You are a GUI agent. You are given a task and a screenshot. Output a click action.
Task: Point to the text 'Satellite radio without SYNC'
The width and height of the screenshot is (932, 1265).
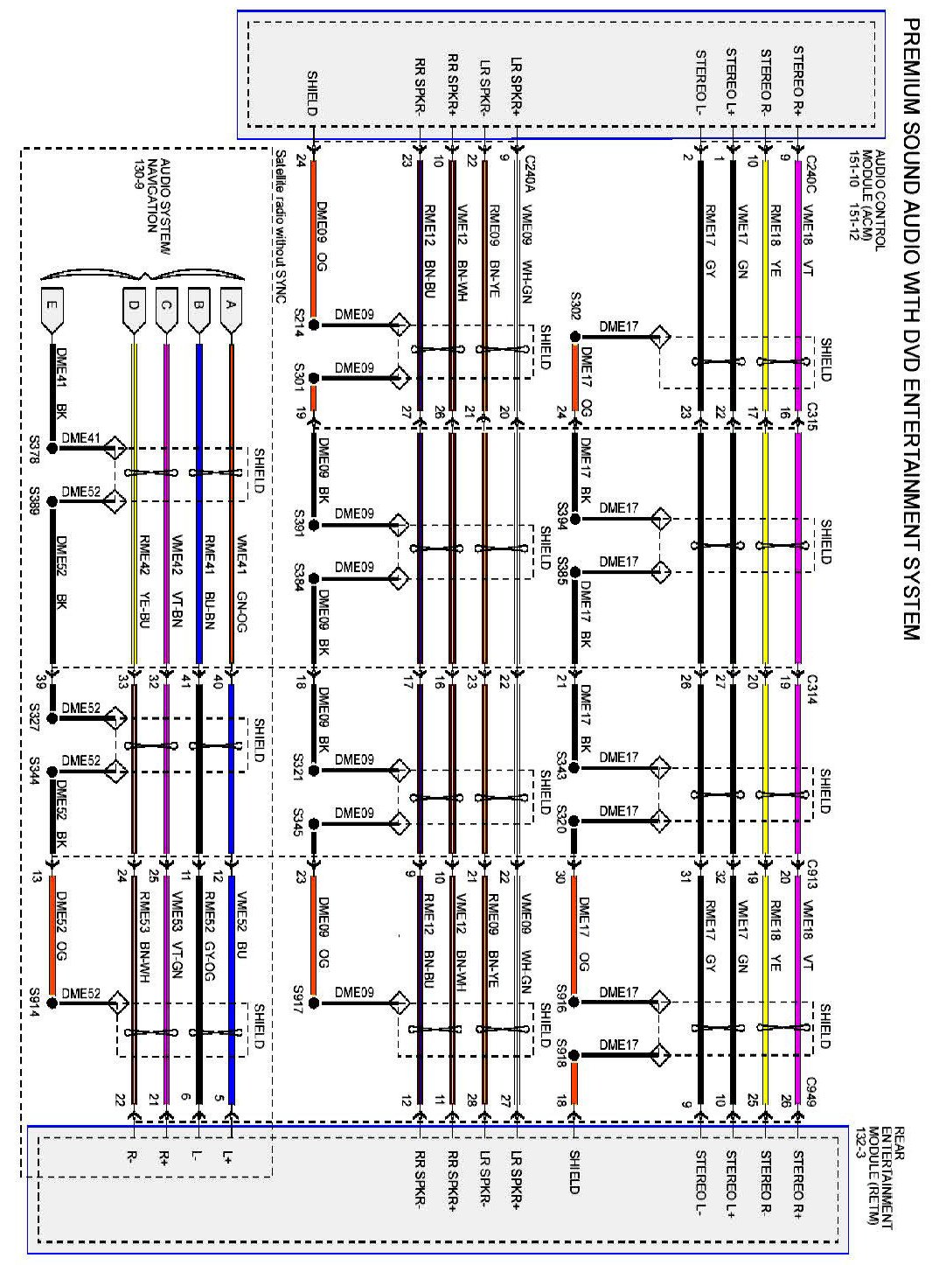[x=280, y=225]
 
